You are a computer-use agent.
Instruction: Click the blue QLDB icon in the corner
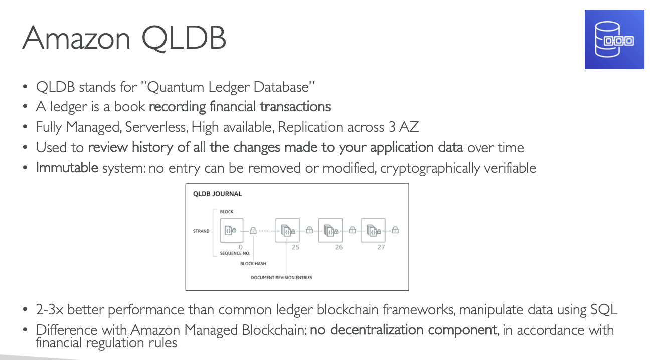614,39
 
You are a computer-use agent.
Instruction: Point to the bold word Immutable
67,167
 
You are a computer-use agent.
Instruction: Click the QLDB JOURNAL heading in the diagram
217,194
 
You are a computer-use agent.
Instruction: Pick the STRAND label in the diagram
201,231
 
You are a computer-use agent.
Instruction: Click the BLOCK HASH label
253,264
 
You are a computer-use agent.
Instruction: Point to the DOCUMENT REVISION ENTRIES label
281,277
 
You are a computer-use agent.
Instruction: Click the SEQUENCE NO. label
235,254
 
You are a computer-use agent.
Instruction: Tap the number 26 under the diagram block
339,247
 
